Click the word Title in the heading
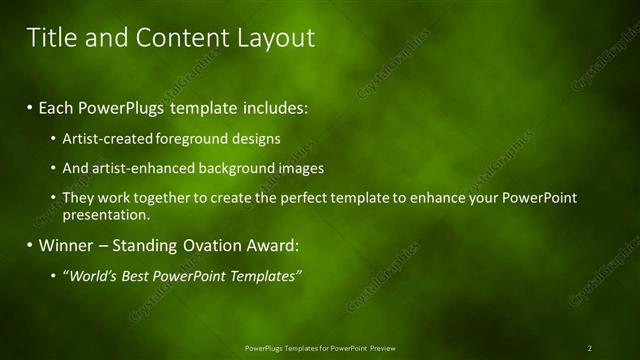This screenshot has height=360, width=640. (x=49, y=38)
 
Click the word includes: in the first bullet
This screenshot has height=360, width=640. (x=272, y=106)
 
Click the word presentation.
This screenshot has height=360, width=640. (x=106, y=214)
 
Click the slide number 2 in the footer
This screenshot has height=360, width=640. (x=589, y=348)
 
